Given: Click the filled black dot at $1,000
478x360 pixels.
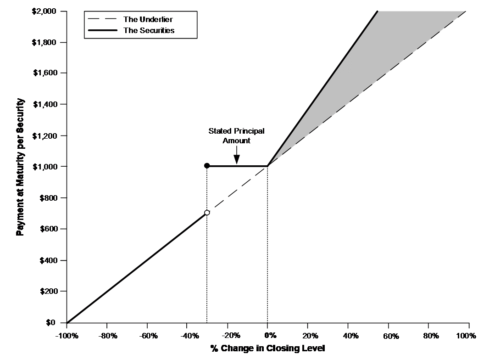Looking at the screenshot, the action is click(207, 166).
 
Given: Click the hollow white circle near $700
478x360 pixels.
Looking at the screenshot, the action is click(207, 213).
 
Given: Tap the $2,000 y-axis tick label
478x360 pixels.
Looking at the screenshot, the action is click(44, 11).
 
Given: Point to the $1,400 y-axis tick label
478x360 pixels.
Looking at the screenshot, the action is click(45, 104).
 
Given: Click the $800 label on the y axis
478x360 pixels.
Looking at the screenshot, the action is click(48, 198).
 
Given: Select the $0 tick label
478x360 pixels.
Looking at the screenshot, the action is click(50, 322).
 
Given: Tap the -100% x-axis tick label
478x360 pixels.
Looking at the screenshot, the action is click(67, 336).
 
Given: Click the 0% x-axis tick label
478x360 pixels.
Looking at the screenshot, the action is click(270, 336).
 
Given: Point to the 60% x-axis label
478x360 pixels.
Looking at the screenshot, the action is click(391, 336).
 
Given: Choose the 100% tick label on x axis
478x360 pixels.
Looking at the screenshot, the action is click(466, 336).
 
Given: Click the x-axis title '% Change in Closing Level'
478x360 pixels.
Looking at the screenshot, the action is click(267, 348).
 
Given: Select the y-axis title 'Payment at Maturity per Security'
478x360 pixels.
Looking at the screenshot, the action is click(20, 167).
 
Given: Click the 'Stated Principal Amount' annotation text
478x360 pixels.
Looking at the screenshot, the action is click(237, 136).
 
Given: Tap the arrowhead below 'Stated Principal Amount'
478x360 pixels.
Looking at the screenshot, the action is click(237, 159).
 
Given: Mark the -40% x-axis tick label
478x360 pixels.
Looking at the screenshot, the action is click(189, 336).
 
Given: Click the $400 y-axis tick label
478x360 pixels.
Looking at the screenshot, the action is click(48, 260).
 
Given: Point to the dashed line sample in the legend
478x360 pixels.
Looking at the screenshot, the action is click(102, 19).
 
